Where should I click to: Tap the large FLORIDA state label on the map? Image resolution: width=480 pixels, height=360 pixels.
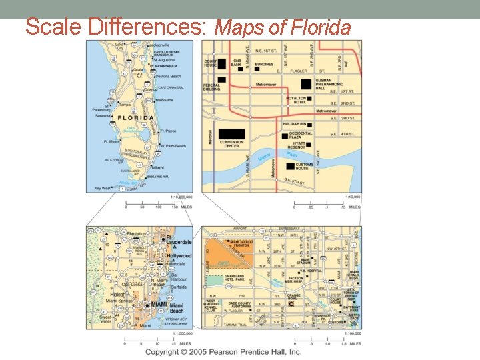point(137,118)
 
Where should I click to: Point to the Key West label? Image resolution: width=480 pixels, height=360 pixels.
point(103,188)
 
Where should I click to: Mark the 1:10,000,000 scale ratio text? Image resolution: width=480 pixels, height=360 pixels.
point(181,197)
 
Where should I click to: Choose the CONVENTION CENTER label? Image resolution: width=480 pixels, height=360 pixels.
point(231,143)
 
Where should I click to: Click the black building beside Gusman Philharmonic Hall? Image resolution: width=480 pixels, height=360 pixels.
point(305,83)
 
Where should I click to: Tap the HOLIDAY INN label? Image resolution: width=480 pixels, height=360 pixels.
point(294,124)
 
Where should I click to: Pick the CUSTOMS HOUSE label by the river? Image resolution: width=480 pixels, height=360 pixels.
point(305,166)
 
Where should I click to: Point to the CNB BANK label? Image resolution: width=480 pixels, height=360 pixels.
point(237,63)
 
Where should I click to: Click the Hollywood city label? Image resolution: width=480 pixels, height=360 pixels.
point(179,256)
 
